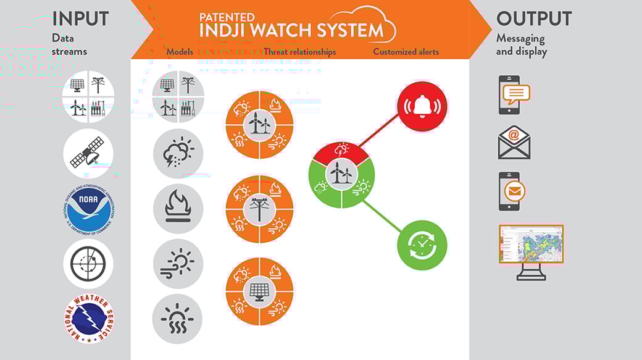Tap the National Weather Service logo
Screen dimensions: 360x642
[88, 319]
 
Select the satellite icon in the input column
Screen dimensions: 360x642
[88, 153]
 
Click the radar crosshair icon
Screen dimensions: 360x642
[88, 264]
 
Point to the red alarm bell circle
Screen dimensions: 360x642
[422, 107]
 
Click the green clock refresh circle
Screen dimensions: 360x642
[422, 245]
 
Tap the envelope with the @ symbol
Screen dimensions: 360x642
[514, 143]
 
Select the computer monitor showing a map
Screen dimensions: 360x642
[531, 251]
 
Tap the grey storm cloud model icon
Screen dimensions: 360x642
[178, 154]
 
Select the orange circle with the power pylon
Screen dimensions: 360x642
[259, 209]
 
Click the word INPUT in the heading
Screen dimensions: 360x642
[81, 19]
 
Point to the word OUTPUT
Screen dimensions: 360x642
[534, 19]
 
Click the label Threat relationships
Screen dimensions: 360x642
[299, 52]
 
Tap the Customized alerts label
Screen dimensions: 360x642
[406, 52]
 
